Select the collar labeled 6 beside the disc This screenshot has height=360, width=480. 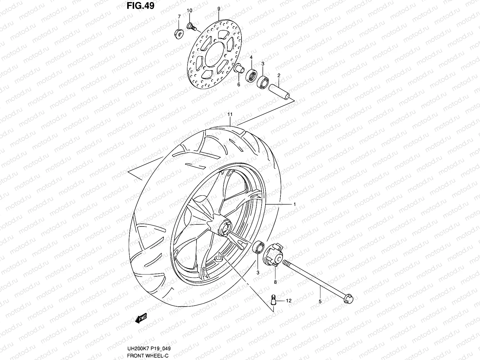[239, 68]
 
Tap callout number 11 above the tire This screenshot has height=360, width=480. [230, 115]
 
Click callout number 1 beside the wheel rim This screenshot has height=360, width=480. [295, 204]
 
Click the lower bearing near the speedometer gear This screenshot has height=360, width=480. [258, 247]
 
